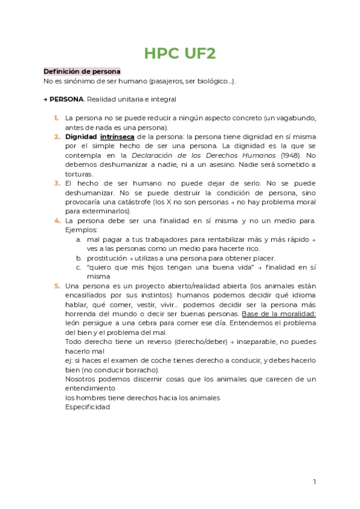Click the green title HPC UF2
179,53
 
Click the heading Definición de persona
82,71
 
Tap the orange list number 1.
56,118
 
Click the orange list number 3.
56,183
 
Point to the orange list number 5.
56,286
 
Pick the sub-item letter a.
78,239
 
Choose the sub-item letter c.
78,267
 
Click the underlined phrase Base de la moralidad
278,314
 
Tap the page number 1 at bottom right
314,481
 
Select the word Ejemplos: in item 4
81,230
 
